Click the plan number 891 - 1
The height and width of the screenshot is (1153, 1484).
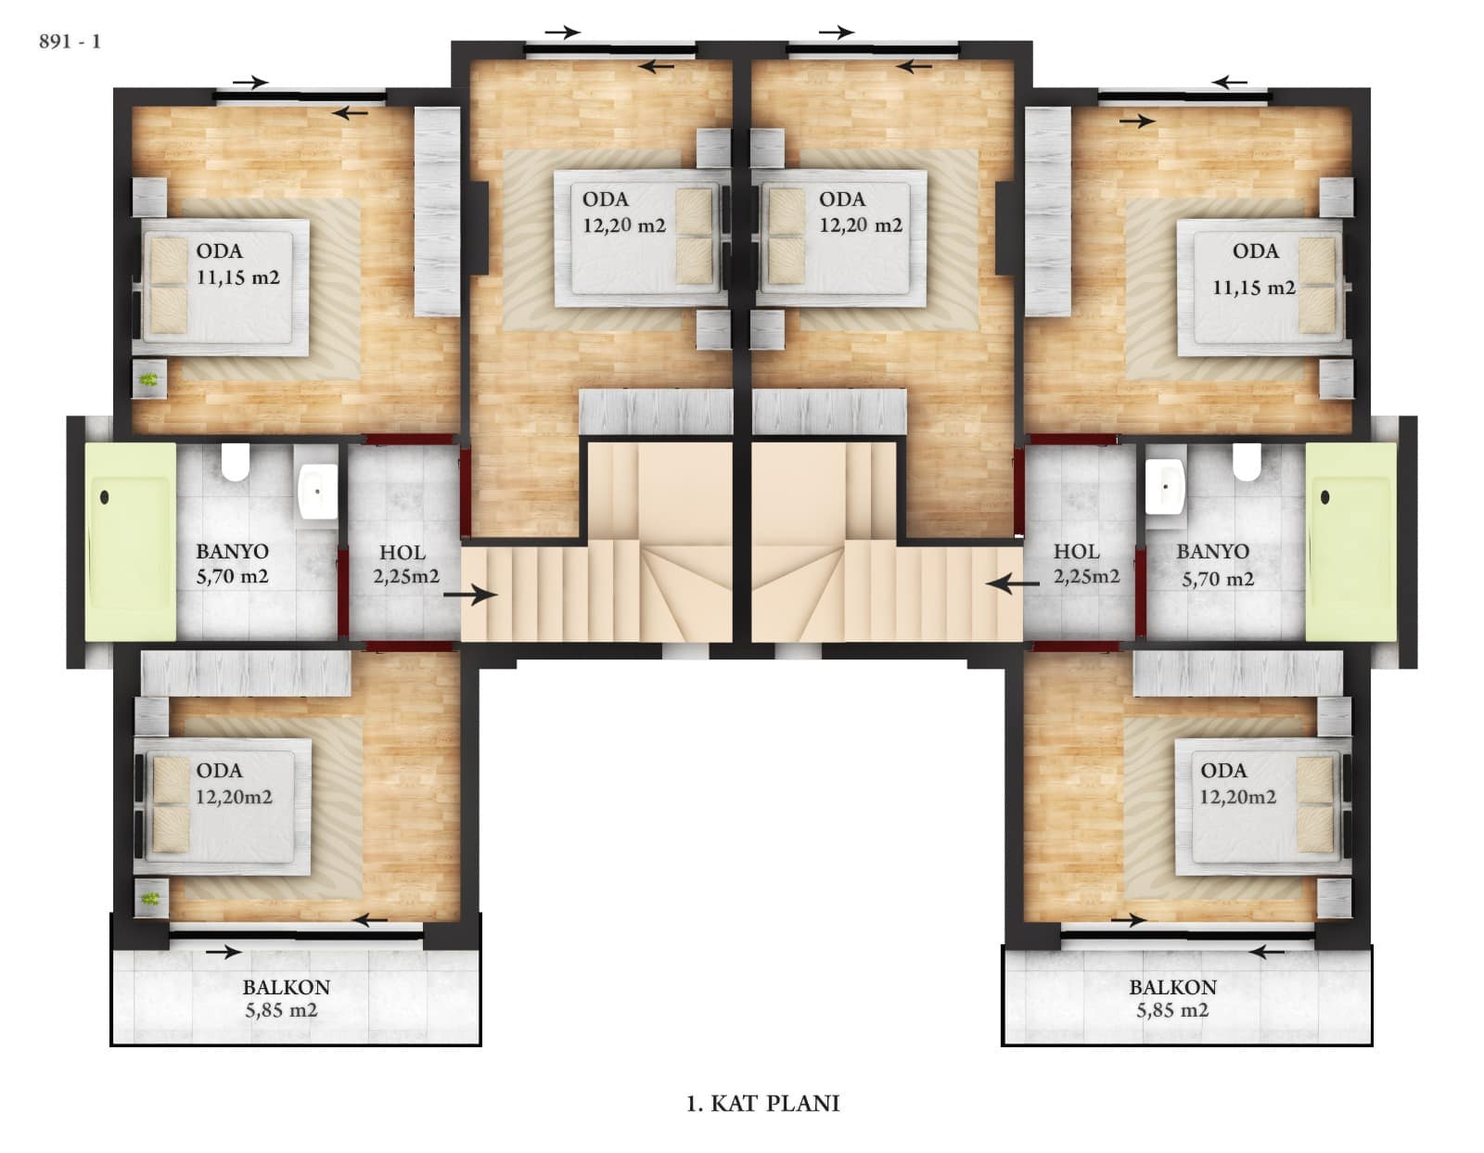pyautogui.click(x=70, y=43)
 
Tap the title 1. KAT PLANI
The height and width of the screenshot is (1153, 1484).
pyautogui.click(x=762, y=1103)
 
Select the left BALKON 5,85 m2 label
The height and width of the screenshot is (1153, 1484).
pyautogui.click(x=286, y=998)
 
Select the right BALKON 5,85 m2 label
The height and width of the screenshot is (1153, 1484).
pyautogui.click(x=1172, y=998)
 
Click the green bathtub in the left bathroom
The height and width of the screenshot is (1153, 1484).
pyautogui.click(x=130, y=542)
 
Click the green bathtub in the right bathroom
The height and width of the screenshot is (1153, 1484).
pyautogui.click(x=1350, y=542)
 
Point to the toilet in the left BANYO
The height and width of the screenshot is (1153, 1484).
pyautogui.click(x=235, y=461)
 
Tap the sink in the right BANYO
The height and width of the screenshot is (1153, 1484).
pyautogui.click(x=1165, y=487)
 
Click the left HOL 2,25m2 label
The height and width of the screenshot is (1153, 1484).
pyautogui.click(x=405, y=565)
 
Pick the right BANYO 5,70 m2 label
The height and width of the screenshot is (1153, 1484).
pyautogui.click(x=1212, y=565)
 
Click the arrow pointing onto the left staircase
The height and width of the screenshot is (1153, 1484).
pyautogui.click(x=470, y=595)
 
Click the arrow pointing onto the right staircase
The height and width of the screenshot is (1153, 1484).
pyautogui.click(x=1012, y=583)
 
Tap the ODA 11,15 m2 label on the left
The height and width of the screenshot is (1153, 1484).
pyautogui.click(x=237, y=264)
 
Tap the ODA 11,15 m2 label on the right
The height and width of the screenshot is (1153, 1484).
pyautogui.click(x=1254, y=269)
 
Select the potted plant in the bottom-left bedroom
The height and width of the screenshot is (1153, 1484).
pyautogui.click(x=150, y=898)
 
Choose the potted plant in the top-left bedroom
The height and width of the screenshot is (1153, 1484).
pyautogui.click(x=150, y=378)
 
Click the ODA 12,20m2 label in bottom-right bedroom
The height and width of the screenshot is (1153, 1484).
pyautogui.click(x=1236, y=784)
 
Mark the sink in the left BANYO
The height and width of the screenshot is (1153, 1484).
pyautogui.click(x=317, y=492)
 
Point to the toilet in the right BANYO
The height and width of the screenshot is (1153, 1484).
pyautogui.click(x=1247, y=461)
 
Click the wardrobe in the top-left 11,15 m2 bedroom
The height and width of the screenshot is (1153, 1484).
pyautogui.click(x=437, y=211)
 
